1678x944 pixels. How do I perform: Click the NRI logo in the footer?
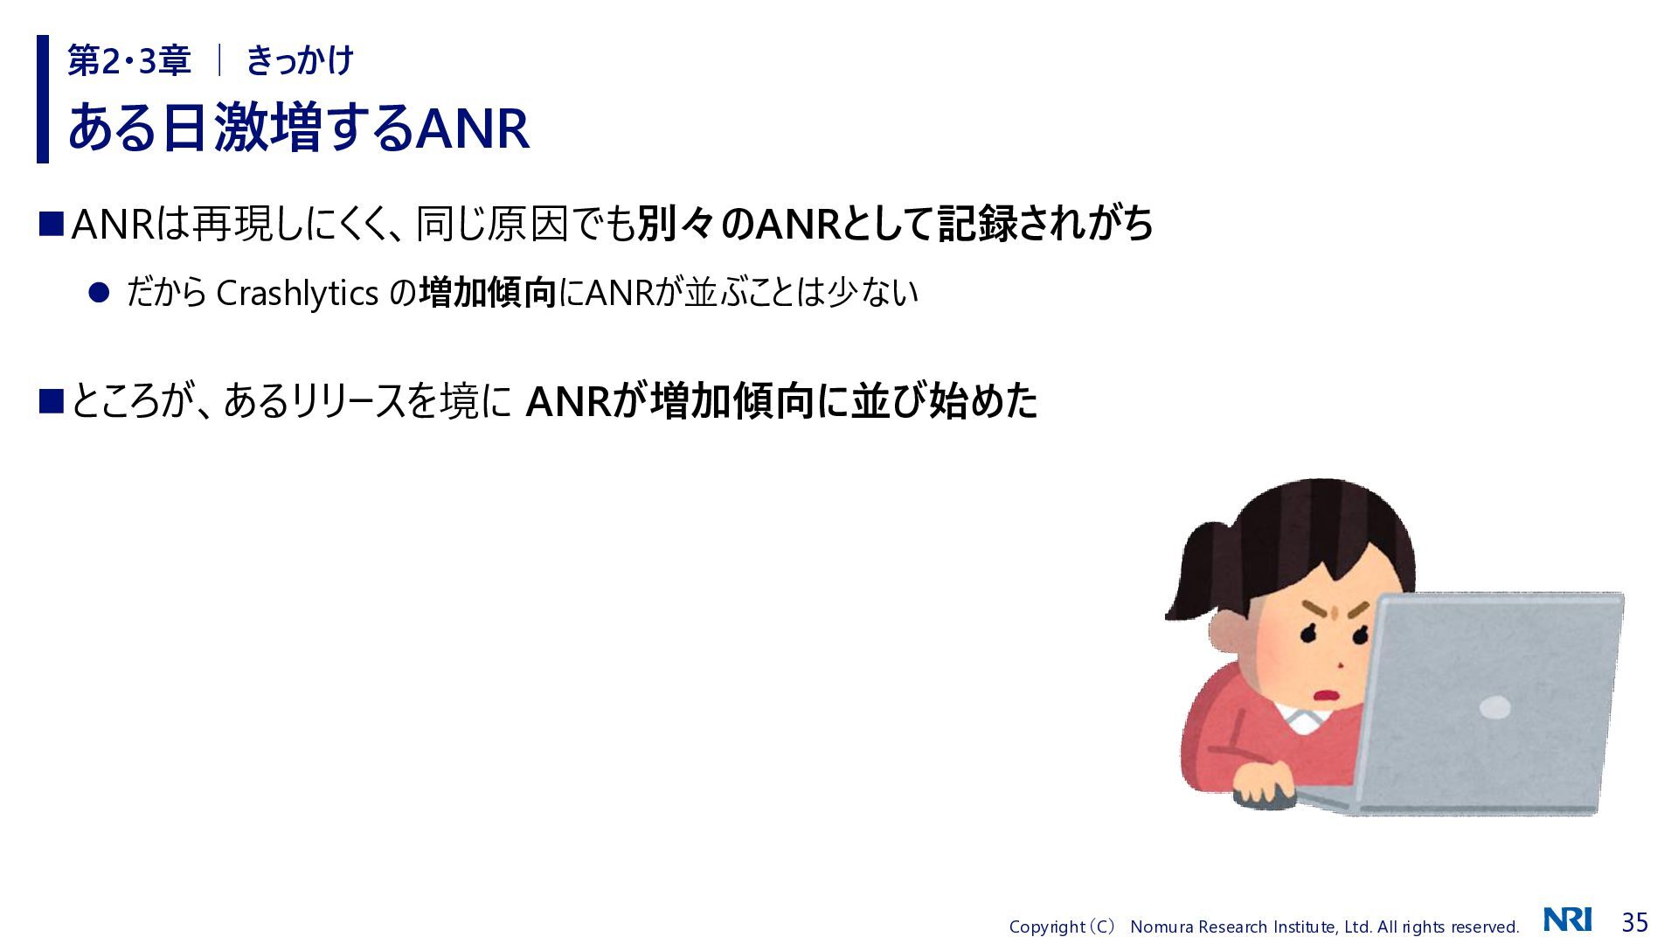pyautogui.click(x=1568, y=920)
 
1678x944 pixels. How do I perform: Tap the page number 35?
pyautogui.click(x=1634, y=922)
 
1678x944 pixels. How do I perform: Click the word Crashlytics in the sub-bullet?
pyautogui.click(x=297, y=294)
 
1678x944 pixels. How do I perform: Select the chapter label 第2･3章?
pyautogui.click(x=129, y=61)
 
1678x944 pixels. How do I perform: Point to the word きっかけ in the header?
pyautogui.click(x=300, y=61)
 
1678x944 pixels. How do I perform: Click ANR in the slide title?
pyautogui.click(x=472, y=128)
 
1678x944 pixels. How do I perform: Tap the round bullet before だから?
pyautogui.click(x=99, y=293)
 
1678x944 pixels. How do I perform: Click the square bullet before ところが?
pyautogui.click(x=52, y=401)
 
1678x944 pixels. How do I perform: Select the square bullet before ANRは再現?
pyautogui.click(x=52, y=224)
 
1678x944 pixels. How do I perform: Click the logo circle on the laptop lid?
pyautogui.click(x=1495, y=707)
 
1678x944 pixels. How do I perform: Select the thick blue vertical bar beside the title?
pyautogui.click(x=43, y=99)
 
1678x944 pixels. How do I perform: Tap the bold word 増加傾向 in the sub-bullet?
pyautogui.click(x=488, y=293)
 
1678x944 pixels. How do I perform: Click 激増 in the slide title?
pyautogui.click(x=260, y=128)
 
